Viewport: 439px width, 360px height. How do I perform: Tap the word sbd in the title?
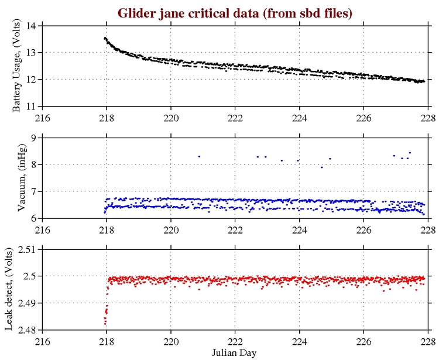[297, 12]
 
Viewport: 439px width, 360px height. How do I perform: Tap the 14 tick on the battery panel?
[32, 26]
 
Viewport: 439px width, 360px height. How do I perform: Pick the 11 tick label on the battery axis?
[32, 106]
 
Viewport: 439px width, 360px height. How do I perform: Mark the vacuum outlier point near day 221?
[199, 156]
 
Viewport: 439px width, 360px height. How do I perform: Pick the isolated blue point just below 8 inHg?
[321, 167]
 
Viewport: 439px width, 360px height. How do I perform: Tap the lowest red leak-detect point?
[105, 324]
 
